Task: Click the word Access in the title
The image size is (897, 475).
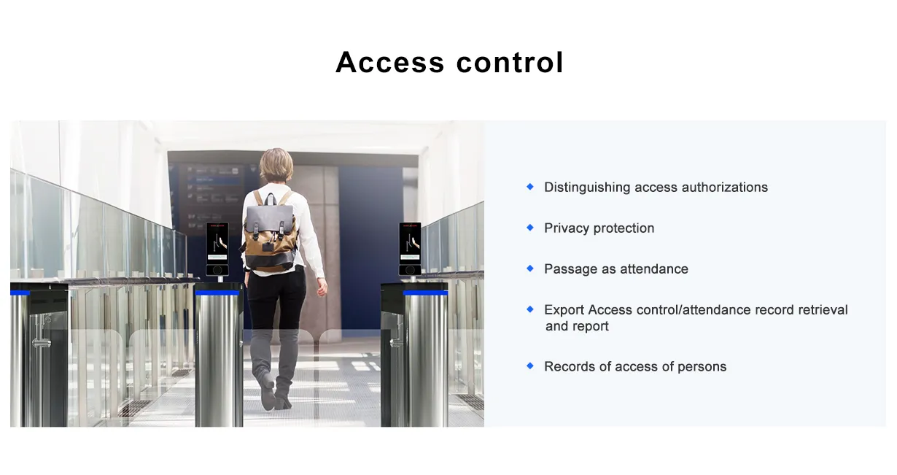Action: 390,63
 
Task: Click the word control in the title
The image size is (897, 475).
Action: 510,63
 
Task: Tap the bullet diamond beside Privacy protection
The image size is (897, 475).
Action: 530,228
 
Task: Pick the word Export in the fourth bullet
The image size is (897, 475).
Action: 564,310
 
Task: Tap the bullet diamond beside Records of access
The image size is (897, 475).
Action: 530,366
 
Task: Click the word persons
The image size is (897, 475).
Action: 702,367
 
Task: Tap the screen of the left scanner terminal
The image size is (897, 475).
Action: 217,243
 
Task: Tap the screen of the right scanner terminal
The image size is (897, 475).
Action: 410,243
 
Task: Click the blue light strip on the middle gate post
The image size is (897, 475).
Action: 217,293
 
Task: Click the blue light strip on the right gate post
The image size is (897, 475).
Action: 425,293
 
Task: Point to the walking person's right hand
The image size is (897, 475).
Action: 322,288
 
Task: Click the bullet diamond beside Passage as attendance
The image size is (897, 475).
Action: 530,269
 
